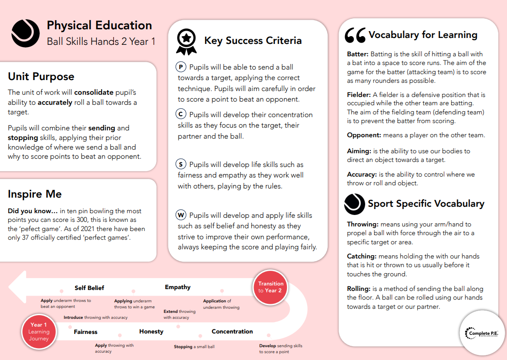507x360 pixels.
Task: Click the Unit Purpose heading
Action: pos(41,76)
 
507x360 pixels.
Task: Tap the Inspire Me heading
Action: pos(35,194)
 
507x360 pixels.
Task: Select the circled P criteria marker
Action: pos(181,67)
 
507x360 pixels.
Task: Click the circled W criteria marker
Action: pos(182,215)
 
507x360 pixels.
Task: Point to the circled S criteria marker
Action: pos(182,164)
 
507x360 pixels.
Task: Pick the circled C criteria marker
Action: pos(181,114)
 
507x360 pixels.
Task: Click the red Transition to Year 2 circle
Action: pos(270,287)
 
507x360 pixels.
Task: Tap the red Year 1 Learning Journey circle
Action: pos(39,332)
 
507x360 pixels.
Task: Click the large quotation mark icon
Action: pos(355,35)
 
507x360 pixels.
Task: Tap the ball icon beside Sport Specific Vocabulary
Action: pos(355,204)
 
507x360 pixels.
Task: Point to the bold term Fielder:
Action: pos(359,95)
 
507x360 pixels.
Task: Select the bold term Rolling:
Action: pos(358,289)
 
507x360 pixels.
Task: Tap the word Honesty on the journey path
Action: pos(151,332)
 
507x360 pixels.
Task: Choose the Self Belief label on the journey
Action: pos(89,288)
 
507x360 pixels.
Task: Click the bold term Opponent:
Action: pos(364,135)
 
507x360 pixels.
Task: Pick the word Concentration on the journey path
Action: pos(232,332)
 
